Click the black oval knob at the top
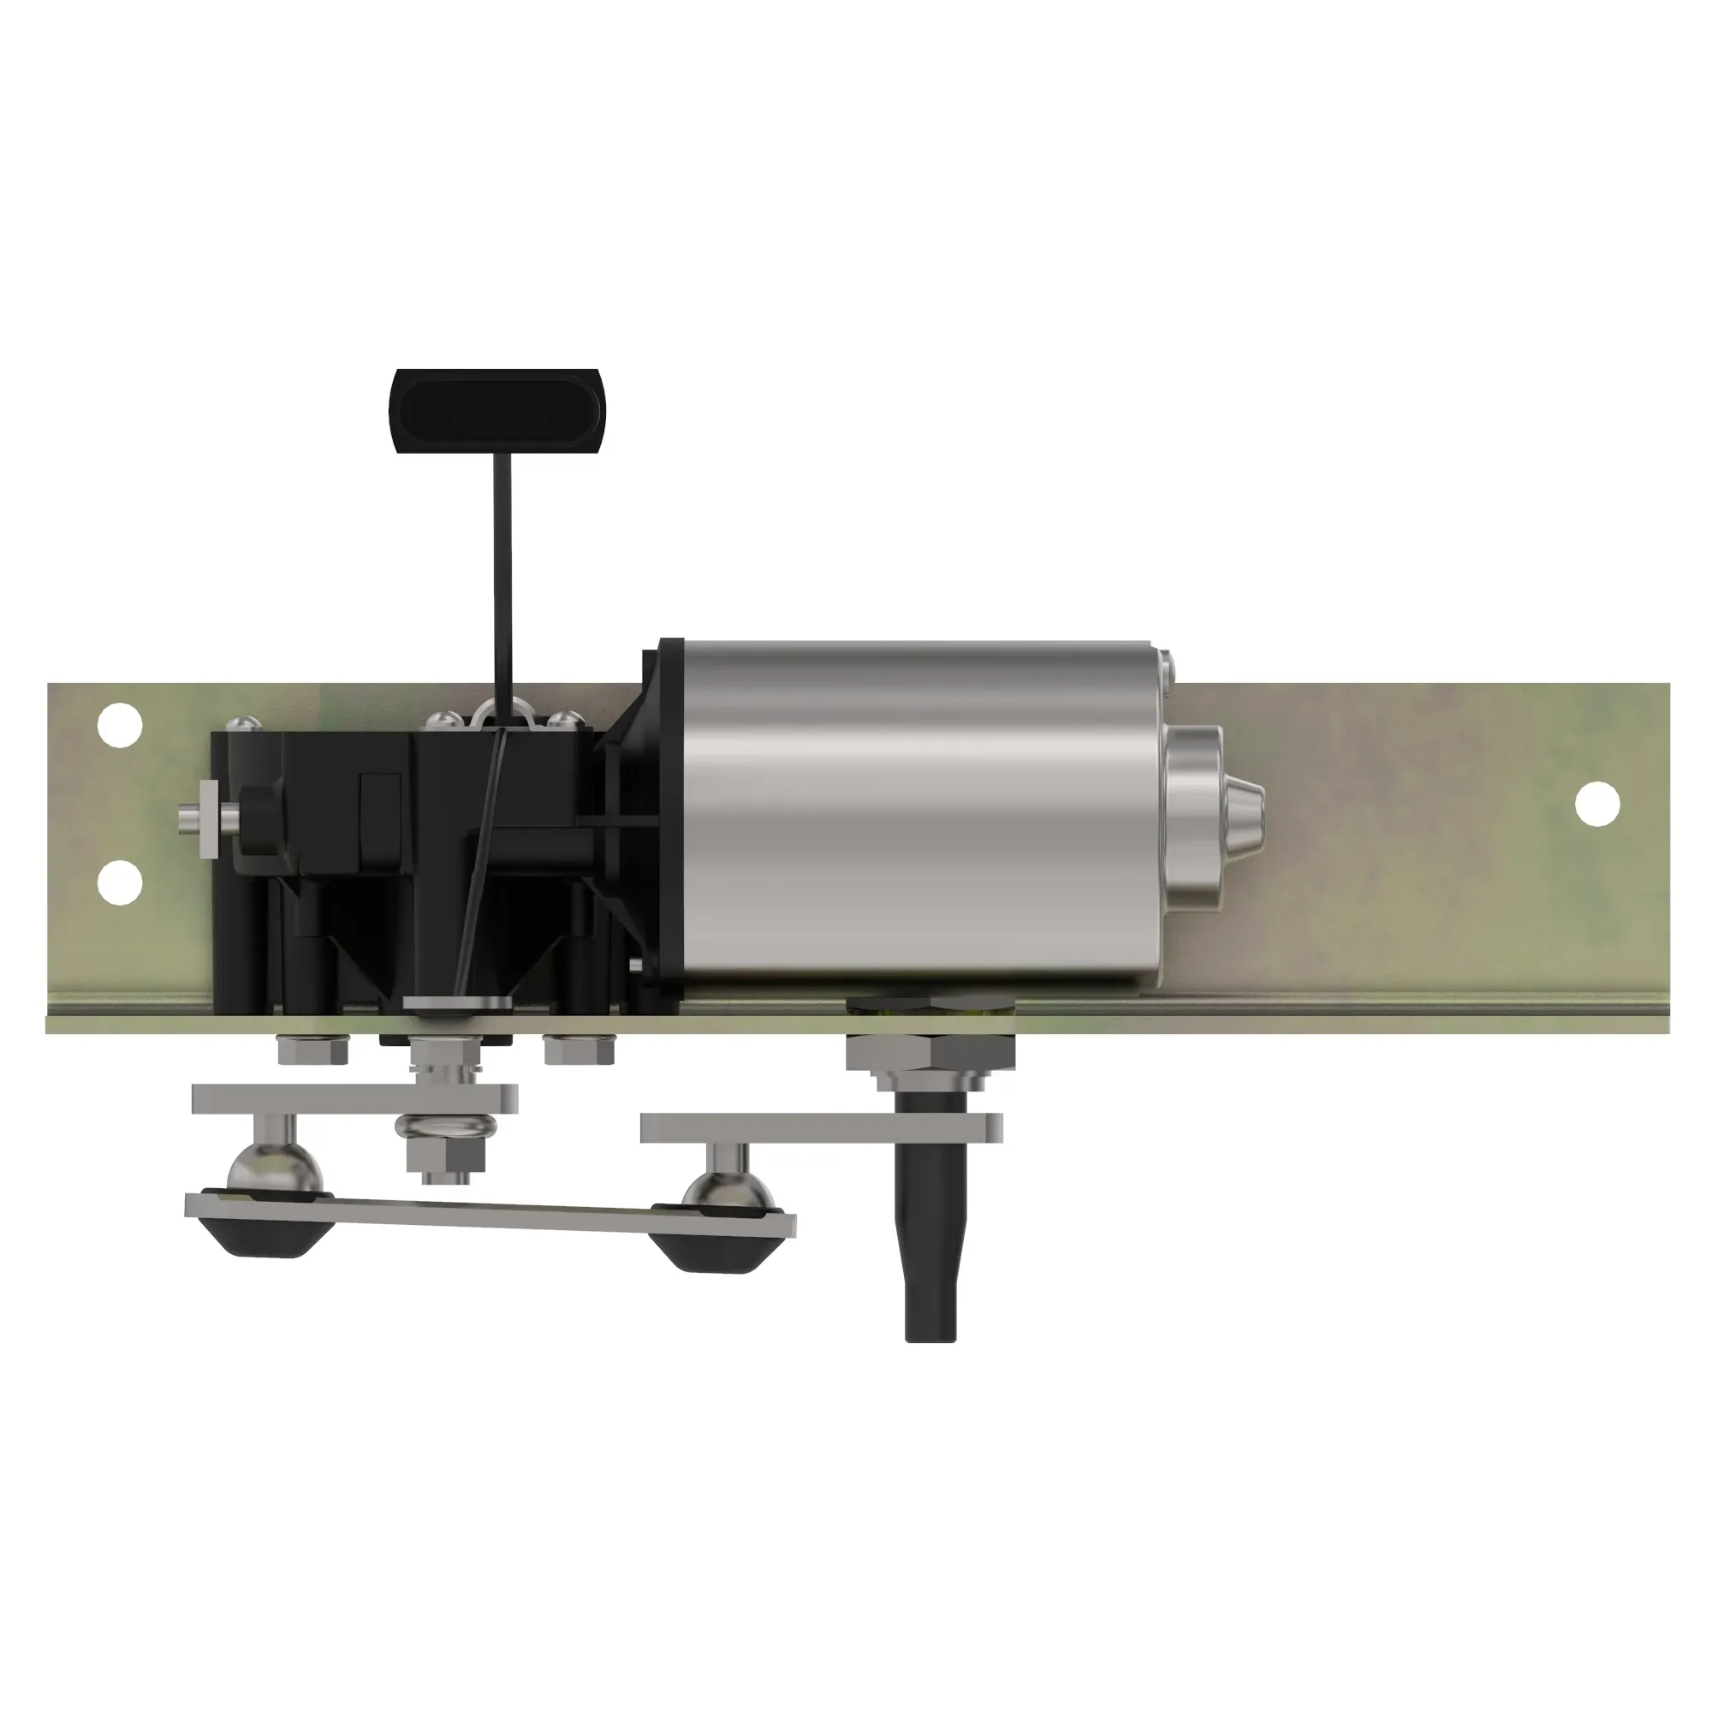pyautogui.click(x=496, y=409)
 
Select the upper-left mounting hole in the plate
pyautogui.click(x=119, y=726)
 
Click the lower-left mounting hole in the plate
pyautogui.click(x=119, y=882)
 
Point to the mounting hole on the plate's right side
pyautogui.click(x=1596, y=804)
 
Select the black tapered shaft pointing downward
pyautogui.click(x=931, y=1240)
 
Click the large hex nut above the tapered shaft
pyautogui.click(x=928, y=1053)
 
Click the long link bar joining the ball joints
pyautogui.click(x=492, y=1213)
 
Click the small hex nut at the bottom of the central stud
pyautogui.click(x=446, y=1156)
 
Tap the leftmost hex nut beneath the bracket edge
pyautogui.click(x=312, y=1051)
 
